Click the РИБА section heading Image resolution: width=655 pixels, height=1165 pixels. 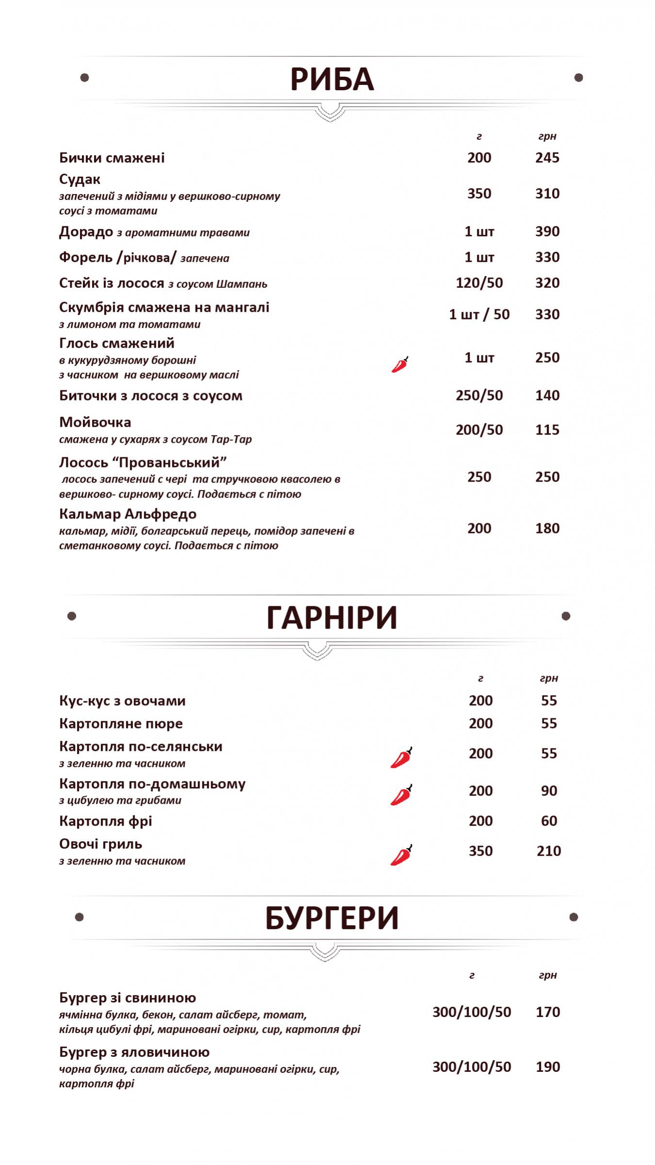tap(332, 80)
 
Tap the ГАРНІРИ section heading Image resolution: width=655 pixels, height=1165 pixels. tap(332, 618)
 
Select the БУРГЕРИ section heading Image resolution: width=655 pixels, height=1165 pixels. tap(332, 918)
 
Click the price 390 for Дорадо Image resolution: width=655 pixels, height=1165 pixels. tap(547, 232)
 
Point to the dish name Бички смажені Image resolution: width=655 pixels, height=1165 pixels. tap(112, 158)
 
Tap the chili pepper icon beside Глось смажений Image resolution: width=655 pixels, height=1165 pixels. tap(400, 364)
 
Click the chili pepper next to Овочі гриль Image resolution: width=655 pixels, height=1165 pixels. tap(401, 855)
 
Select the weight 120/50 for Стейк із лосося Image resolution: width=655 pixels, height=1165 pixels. tap(479, 283)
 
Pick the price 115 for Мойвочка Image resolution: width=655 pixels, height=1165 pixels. tap(547, 430)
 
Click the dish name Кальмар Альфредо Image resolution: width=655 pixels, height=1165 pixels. tap(128, 514)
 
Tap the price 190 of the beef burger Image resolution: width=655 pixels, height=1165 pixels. tap(548, 1067)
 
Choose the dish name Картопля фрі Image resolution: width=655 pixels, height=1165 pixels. tap(106, 821)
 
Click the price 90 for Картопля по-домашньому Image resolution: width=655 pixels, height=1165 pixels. tap(549, 791)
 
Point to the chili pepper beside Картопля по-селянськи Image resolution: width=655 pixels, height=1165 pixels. tap(401, 758)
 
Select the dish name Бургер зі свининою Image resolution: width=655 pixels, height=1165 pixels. tap(128, 998)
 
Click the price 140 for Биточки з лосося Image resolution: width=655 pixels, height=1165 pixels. tap(547, 396)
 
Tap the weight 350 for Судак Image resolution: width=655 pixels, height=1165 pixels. tap(479, 194)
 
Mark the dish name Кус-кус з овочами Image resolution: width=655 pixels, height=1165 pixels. tap(122, 701)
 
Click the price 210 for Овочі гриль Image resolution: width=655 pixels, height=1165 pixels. tap(549, 851)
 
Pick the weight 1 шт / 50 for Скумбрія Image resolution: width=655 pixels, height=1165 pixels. tap(479, 315)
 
